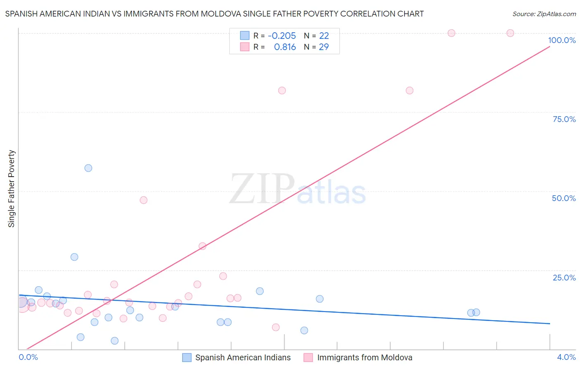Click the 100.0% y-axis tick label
(562, 40)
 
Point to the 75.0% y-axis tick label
(564, 119)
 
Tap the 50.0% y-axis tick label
(564, 198)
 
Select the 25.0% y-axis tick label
(564, 278)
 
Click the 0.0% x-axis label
(28, 357)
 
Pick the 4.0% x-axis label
(566, 357)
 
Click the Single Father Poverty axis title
(12, 189)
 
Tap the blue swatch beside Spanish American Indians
(187, 357)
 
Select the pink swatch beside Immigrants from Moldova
(308, 357)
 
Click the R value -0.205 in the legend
(282, 36)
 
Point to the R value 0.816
(285, 47)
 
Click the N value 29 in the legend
(324, 47)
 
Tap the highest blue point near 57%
(88, 168)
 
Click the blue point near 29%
(74, 257)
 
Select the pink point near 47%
(143, 200)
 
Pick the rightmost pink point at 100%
(510, 33)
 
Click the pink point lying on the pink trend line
(202, 246)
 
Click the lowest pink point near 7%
(276, 327)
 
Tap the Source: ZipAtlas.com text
(544, 14)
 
